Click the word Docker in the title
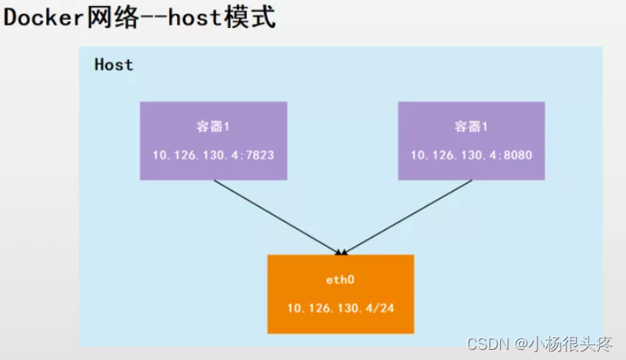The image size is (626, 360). click(43, 18)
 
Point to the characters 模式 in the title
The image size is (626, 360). click(255, 18)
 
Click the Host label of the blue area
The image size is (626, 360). click(113, 65)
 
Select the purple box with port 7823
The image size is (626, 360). click(213, 140)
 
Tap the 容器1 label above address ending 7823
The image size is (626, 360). click(213, 126)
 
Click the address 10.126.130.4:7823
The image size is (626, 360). click(213, 155)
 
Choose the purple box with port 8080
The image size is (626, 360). click(471, 140)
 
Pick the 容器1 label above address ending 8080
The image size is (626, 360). click(471, 126)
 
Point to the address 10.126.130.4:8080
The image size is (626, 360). click(471, 155)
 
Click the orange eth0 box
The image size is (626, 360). click(340, 294)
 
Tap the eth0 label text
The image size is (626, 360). click(340, 279)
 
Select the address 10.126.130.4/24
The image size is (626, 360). click(340, 308)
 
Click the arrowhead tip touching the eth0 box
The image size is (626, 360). click(341, 253)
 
